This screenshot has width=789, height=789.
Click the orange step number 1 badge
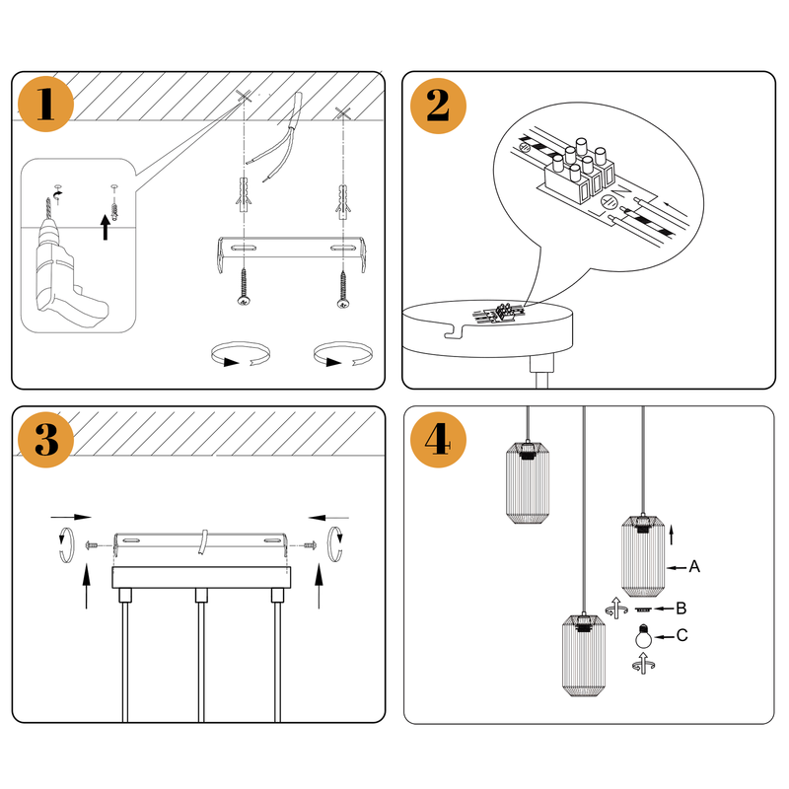[x=44, y=104]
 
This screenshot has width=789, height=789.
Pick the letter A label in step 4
[x=694, y=567]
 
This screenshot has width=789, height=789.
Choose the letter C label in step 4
[x=682, y=636]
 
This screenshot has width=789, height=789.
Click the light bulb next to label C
[x=643, y=639]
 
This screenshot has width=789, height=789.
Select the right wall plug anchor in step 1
[x=343, y=201]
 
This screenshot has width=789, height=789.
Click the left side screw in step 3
[x=95, y=543]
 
